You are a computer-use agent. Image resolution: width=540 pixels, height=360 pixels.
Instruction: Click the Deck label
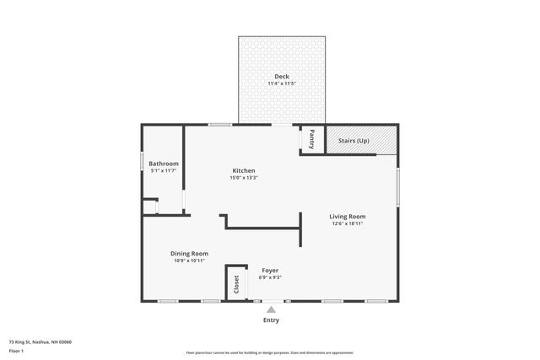pyautogui.click(x=281, y=77)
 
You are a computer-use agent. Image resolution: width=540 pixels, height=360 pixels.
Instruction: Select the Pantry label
pyautogui.click(x=312, y=138)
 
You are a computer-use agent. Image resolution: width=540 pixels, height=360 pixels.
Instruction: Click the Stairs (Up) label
pyautogui.click(x=354, y=140)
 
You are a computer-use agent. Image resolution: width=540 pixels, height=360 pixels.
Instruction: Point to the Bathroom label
pyautogui.click(x=164, y=164)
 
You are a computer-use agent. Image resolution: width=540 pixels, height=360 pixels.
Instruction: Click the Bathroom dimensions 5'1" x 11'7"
pyautogui.click(x=164, y=171)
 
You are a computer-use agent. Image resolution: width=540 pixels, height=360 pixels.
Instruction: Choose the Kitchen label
pyautogui.click(x=244, y=170)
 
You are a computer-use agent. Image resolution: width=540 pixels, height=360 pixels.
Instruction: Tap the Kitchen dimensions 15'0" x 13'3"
pyautogui.click(x=244, y=178)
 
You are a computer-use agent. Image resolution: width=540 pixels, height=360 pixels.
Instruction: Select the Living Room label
pyautogui.click(x=347, y=217)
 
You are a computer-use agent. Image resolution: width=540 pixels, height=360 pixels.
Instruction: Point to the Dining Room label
pyautogui.click(x=190, y=253)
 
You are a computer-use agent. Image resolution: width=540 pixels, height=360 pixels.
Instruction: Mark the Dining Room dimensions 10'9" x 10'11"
pyautogui.click(x=190, y=261)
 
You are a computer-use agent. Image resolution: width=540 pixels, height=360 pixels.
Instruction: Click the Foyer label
pyautogui.click(x=269, y=270)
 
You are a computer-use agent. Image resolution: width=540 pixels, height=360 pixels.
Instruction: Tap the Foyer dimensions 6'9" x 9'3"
pyautogui.click(x=269, y=277)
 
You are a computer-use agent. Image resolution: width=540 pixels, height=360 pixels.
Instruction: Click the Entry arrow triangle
pyautogui.click(x=271, y=309)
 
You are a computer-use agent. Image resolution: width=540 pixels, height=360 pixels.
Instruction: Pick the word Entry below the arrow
pyautogui.click(x=271, y=320)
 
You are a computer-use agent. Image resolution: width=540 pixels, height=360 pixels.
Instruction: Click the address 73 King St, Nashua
pyautogui.click(x=40, y=342)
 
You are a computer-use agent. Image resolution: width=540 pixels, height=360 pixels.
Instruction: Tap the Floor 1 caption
pyautogui.click(x=17, y=350)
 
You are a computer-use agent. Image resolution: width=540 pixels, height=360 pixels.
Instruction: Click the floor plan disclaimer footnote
pyautogui.click(x=270, y=352)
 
